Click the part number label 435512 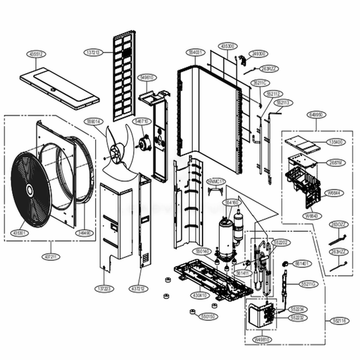tap(35, 53)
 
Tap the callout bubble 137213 tap(93, 52)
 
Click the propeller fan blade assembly tap(116, 150)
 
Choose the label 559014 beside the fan tap(93, 122)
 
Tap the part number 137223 tap(104, 288)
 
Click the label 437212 tap(138, 288)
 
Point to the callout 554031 tap(196, 52)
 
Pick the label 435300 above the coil tap(227, 46)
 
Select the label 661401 tap(303, 263)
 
